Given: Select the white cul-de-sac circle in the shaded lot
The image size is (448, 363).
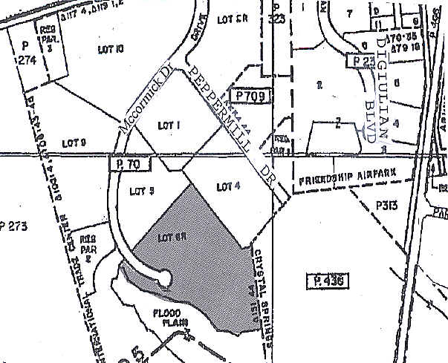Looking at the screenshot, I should (163, 278).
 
